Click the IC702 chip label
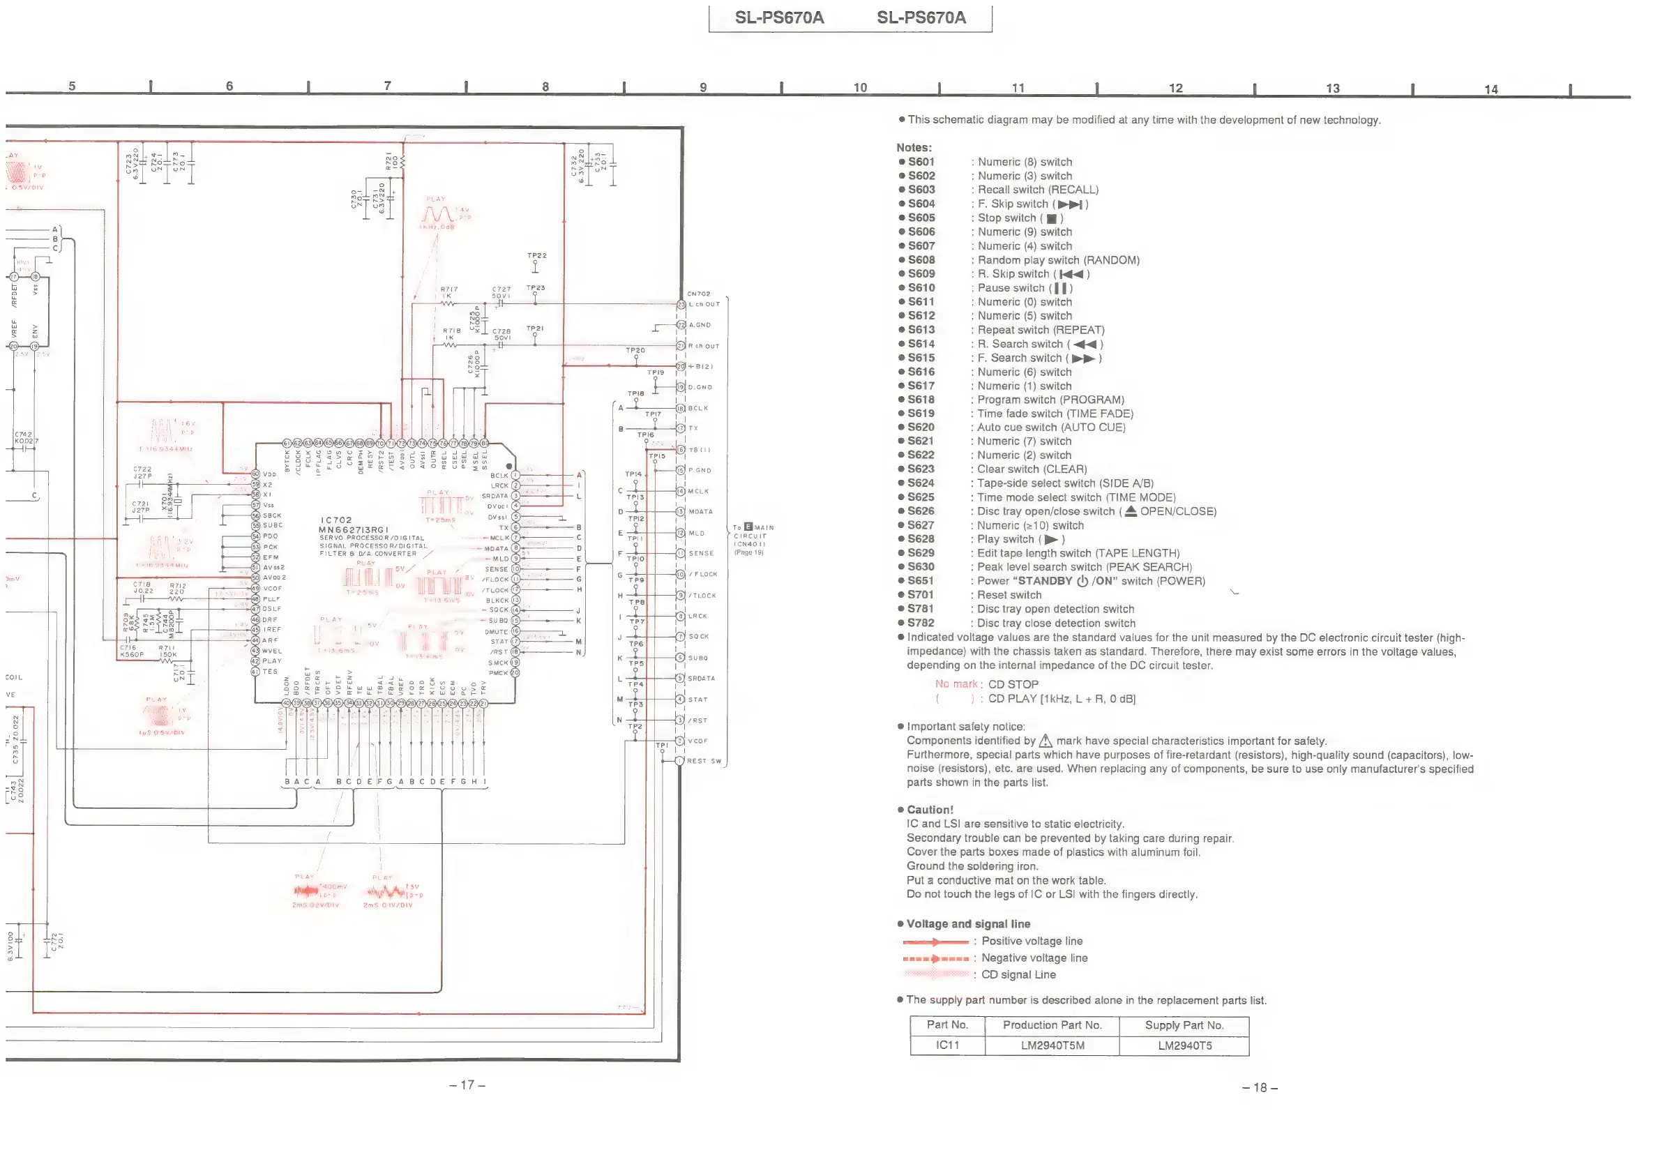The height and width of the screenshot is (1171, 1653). (336, 520)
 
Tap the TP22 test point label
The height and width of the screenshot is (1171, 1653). (536, 256)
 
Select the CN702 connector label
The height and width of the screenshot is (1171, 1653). (699, 294)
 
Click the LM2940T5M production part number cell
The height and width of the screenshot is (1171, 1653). (1052, 1045)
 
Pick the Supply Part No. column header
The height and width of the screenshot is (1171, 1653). (1184, 1025)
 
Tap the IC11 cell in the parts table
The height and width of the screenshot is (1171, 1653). (947, 1045)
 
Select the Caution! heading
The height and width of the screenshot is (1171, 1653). (929, 810)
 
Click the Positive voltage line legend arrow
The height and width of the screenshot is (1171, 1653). (935, 942)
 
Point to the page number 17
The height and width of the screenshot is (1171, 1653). (467, 1085)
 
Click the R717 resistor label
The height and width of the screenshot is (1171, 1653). (449, 290)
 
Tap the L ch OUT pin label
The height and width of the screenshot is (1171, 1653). (704, 304)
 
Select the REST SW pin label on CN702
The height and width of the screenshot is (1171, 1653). (704, 761)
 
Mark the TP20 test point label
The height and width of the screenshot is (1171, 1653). (635, 350)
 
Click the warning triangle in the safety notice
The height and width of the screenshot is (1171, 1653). (1045, 741)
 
